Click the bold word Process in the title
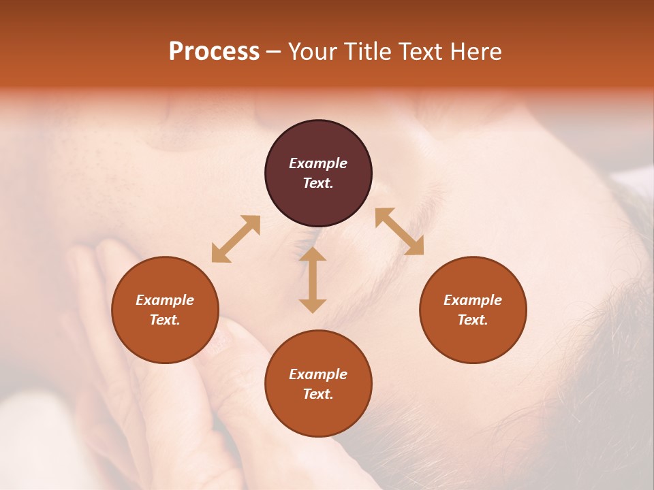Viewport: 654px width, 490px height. pyautogui.click(x=214, y=52)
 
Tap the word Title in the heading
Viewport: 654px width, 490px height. pyautogui.click(x=369, y=52)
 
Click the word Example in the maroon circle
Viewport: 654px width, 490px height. pyautogui.click(x=318, y=163)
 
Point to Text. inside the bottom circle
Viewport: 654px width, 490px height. pyautogui.click(x=318, y=394)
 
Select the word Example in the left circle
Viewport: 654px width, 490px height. pyautogui.click(x=165, y=300)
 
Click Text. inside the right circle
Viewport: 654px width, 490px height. pyautogui.click(x=473, y=320)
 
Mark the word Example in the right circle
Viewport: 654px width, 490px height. pyautogui.click(x=473, y=300)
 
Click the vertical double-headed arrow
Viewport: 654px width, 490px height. pyautogui.click(x=313, y=280)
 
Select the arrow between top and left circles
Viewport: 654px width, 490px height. pyautogui.click(x=236, y=239)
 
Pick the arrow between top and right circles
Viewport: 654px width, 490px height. pyautogui.click(x=399, y=231)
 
